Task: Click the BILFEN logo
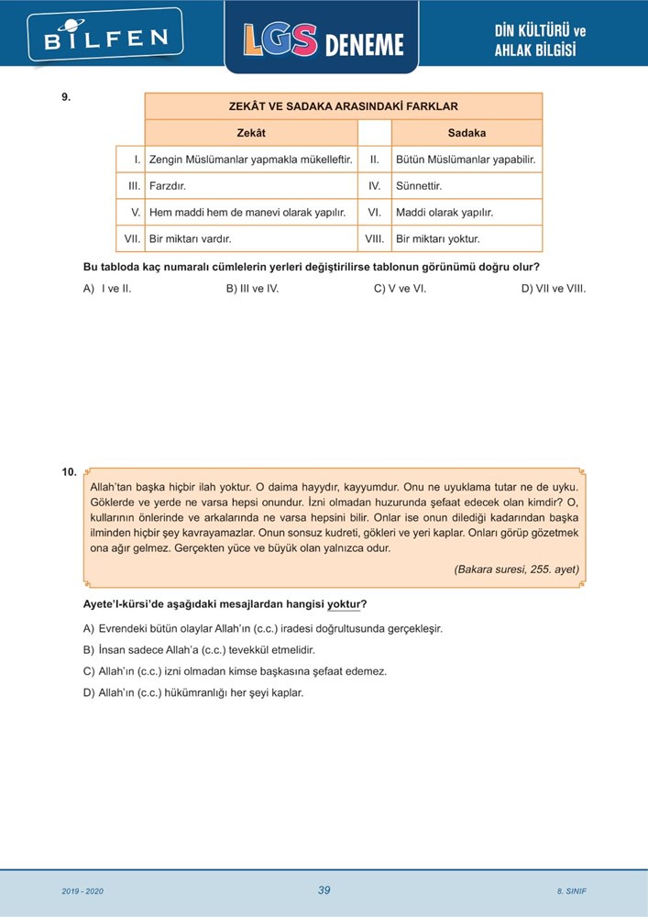(106, 38)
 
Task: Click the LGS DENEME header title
(323, 41)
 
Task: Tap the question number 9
(66, 95)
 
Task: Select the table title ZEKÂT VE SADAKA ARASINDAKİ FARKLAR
(343, 106)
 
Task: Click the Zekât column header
(250, 133)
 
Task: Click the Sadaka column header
(467, 133)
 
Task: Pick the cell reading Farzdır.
(168, 186)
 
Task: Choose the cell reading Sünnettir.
(419, 186)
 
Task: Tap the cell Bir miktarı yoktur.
(437, 239)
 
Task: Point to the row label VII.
(131, 239)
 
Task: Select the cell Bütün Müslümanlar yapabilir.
(465, 160)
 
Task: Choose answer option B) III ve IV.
(252, 288)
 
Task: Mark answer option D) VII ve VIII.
(553, 288)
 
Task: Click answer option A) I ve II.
(107, 288)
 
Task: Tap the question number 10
(69, 472)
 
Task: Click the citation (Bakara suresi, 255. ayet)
(516, 569)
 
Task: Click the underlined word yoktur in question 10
(344, 604)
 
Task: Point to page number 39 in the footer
(324, 890)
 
